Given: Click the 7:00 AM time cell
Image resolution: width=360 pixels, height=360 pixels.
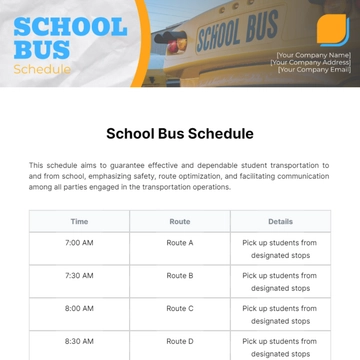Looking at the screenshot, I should pyautogui.click(x=80, y=242).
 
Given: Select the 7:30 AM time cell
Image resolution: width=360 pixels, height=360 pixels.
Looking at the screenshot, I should pyautogui.click(x=80, y=275).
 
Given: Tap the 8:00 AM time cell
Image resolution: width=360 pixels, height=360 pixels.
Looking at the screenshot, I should pyautogui.click(x=80, y=309).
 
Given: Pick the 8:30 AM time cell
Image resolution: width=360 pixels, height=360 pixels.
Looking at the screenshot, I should pyautogui.click(x=80, y=342).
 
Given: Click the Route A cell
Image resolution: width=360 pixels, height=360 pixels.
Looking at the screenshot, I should pyautogui.click(x=180, y=242).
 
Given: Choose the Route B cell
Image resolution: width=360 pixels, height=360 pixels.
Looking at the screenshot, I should pyautogui.click(x=180, y=275).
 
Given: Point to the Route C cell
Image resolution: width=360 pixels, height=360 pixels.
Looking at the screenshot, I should pyautogui.click(x=180, y=309).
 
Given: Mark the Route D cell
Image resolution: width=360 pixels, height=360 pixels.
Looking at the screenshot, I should pyautogui.click(x=180, y=342).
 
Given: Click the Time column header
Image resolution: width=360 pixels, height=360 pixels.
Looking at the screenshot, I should pyautogui.click(x=80, y=221).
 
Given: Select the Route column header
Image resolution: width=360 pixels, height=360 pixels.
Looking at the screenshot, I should pyautogui.click(x=180, y=221).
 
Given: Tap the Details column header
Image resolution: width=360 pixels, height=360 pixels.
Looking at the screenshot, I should pyautogui.click(x=280, y=221).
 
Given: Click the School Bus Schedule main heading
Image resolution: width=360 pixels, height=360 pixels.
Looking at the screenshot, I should pyautogui.click(x=180, y=133).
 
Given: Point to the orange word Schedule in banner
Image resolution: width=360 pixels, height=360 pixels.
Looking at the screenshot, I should pyautogui.click(x=42, y=69).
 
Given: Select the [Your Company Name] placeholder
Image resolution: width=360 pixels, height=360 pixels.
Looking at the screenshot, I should pyautogui.click(x=313, y=55).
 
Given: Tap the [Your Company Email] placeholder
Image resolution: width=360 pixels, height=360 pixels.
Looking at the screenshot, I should pyautogui.click(x=313, y=69).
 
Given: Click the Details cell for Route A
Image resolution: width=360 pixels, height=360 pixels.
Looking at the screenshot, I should pyautogui.click(x=280, y=248).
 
